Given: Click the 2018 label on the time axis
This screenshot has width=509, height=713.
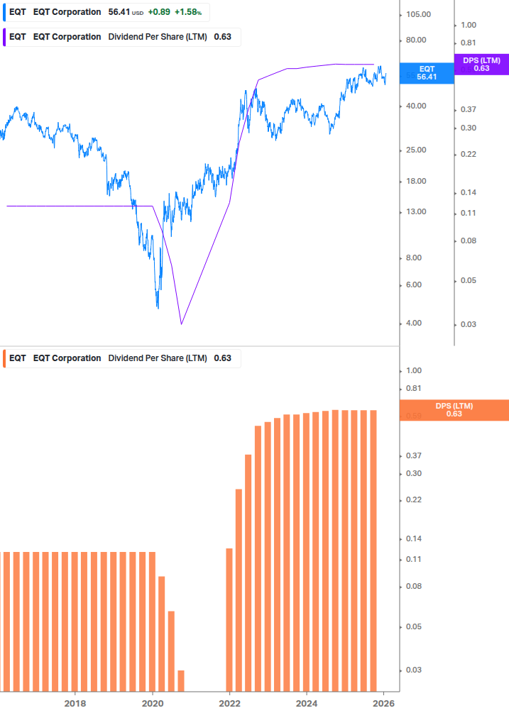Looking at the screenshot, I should [x=75, y=703].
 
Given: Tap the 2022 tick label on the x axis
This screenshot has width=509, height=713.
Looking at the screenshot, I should [x=229, y=703].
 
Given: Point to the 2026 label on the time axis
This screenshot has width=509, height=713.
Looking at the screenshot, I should [x=383, y=703].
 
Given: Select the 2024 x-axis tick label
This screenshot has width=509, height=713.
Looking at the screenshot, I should [x=307, y=703].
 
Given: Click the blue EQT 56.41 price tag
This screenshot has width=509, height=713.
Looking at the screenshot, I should [x=427, y=73].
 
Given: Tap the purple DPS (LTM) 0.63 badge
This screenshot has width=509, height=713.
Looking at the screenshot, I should [x=481, y=65].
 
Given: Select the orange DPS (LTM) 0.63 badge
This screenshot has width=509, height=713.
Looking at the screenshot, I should [x=454, y=410].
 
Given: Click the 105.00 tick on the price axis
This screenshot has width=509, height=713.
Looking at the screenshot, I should [x=418, y=15].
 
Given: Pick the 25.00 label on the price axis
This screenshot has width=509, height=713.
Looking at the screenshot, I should [x=415, y=150].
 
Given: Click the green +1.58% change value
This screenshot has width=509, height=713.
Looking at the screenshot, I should [x=189, y=12].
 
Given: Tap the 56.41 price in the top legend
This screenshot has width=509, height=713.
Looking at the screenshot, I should [x=119, y=12].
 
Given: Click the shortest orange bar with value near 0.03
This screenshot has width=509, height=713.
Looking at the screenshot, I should [x=181, y=680].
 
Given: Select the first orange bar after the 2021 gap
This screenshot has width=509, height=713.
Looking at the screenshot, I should [x=229, y=619].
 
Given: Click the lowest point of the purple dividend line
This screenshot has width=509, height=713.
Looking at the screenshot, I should [x=182, y=324].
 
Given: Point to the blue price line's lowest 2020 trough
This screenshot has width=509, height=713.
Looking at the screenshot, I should [x=158, y=306].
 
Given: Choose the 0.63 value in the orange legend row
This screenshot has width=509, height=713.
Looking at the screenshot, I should [x=222, y=358].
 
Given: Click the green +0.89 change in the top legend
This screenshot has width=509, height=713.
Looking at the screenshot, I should [x=159, y=12].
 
